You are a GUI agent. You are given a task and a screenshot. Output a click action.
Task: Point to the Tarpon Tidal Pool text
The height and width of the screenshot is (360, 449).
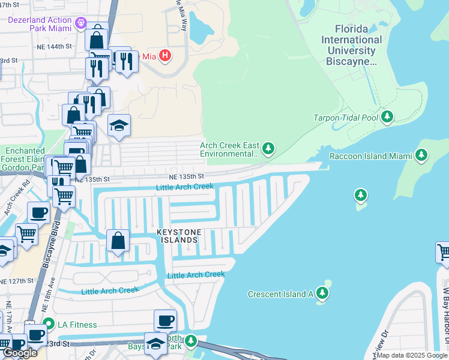346,118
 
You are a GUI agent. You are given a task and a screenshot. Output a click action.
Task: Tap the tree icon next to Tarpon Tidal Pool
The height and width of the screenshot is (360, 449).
387,116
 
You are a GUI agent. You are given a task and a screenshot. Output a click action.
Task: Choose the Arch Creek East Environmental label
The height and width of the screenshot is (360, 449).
230,149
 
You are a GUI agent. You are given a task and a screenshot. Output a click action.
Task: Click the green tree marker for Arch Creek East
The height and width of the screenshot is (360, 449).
268,148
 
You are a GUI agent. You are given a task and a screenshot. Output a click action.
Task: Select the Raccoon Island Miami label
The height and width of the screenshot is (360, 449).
370,156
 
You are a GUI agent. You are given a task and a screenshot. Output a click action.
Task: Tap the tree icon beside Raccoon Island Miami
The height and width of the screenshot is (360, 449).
421,155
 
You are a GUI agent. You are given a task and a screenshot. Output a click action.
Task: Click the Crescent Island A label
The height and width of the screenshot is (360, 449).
280,293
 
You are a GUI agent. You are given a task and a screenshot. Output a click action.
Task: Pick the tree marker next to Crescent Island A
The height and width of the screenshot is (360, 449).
323,292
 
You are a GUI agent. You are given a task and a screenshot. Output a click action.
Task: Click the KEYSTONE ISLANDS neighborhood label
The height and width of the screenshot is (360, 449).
177,236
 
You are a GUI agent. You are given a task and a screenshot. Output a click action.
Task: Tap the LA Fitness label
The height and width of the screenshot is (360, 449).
77,325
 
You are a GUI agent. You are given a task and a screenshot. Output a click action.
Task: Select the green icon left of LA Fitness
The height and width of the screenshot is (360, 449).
51,325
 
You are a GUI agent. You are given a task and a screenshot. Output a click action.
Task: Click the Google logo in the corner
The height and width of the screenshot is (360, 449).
19,353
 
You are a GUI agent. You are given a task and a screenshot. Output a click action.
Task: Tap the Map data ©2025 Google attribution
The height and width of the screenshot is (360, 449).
412,355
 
